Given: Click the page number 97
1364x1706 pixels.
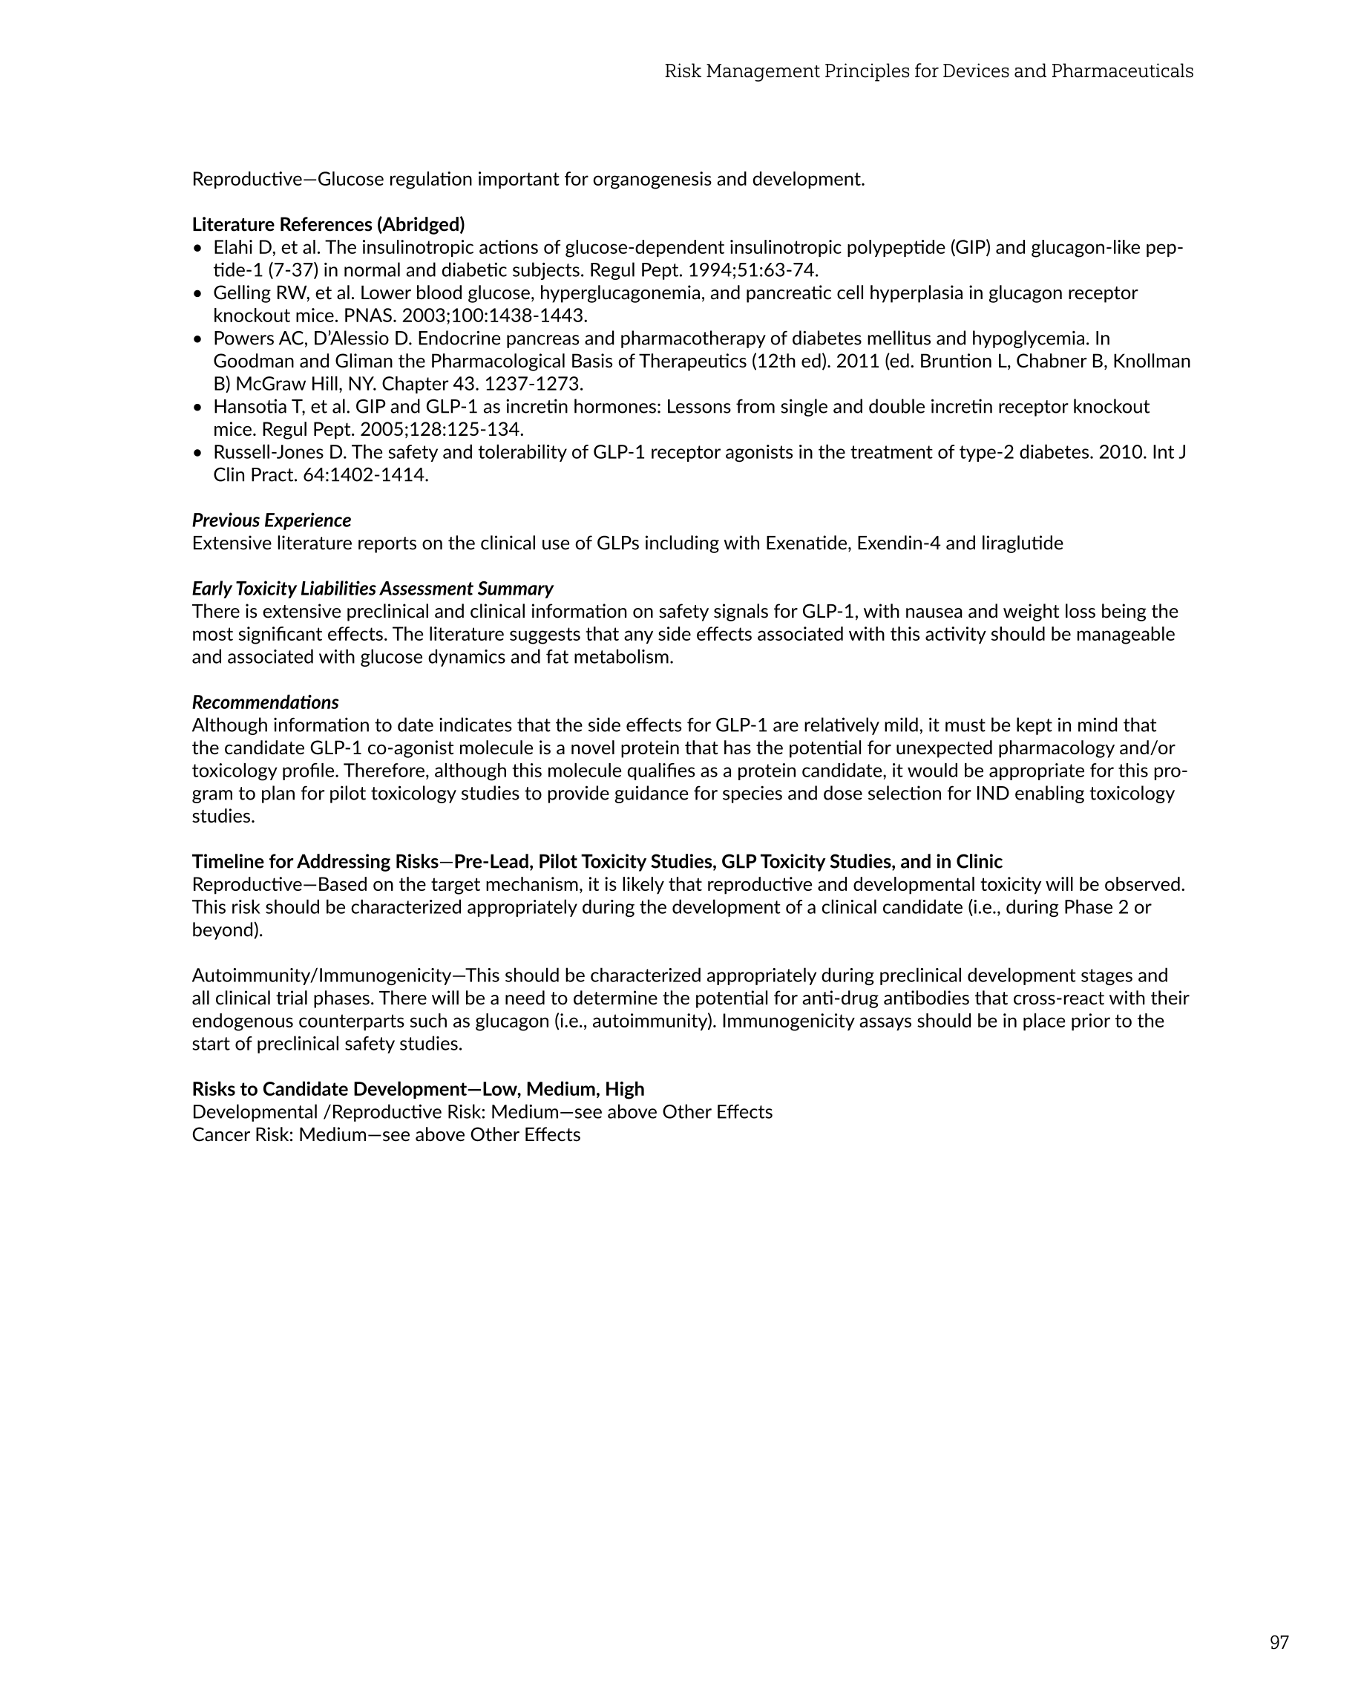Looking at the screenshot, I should coord(1279,1642).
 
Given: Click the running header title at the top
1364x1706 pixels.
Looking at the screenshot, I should coord(928,71).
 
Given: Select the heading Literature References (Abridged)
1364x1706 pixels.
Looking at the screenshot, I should coord(328,225).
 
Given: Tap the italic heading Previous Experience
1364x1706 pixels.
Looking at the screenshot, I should coord(272,520).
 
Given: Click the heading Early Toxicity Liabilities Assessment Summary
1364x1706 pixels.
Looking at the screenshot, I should coord(372,589).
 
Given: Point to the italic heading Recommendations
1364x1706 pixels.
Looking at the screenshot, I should coord(265,702).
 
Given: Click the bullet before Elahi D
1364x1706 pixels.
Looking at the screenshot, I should coord(198,249).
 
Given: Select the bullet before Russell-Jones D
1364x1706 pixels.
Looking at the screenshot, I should coord(198,454).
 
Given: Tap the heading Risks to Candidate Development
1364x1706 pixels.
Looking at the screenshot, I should coord(328,1090).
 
